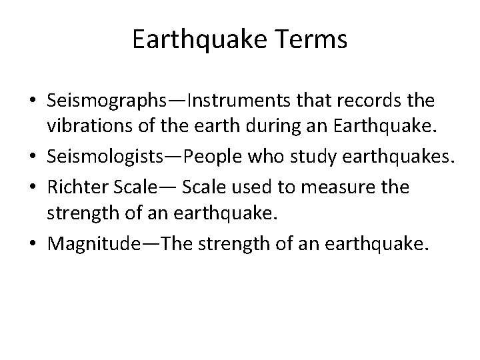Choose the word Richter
pyautogui.click(x=73, y=187)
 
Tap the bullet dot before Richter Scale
pyautogui.click(x=35, y=188)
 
